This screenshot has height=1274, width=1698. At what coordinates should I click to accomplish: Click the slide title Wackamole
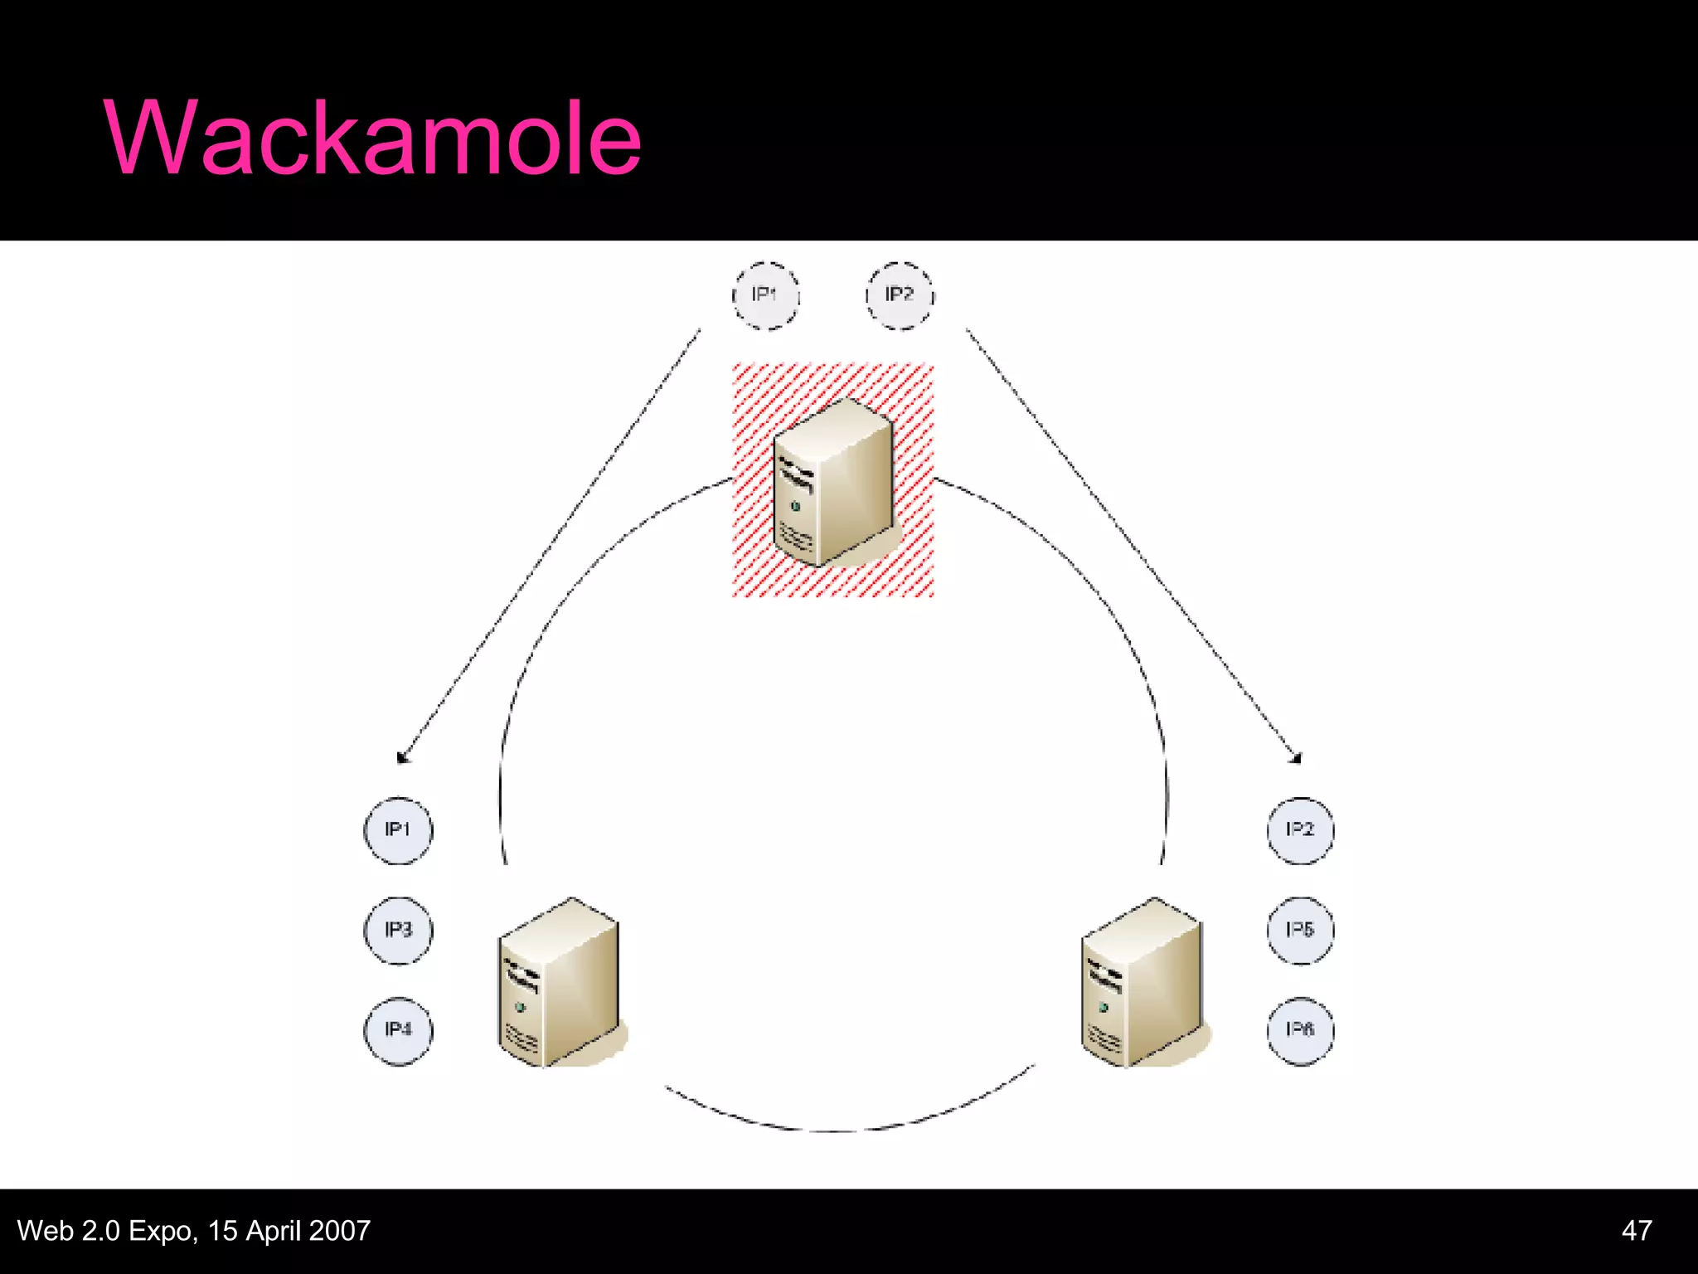pos(372,138)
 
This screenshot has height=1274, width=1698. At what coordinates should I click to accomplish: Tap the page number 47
pos(1636,1230)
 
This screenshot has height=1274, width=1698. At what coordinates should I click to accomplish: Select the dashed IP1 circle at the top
pos(765,295)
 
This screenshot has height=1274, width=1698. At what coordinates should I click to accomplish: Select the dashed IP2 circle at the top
pos(900,295)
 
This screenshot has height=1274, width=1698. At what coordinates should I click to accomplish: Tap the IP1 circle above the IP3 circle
pos(398,830)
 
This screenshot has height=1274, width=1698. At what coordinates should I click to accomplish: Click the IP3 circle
pos(398,930)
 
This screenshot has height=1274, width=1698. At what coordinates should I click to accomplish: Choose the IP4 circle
pos(398,1030)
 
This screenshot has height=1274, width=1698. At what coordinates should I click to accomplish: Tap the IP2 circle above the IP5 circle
pos(1300,830)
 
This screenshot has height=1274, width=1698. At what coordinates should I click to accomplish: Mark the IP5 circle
pos(1300,930)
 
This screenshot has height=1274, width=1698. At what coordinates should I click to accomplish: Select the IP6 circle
pos(1300,1030)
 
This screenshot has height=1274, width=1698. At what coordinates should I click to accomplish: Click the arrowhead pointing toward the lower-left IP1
pos(404,756)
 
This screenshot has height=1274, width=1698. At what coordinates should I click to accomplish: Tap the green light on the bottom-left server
pos(521,1008)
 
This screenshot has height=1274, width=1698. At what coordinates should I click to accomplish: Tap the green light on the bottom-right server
pos(1104,1008)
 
